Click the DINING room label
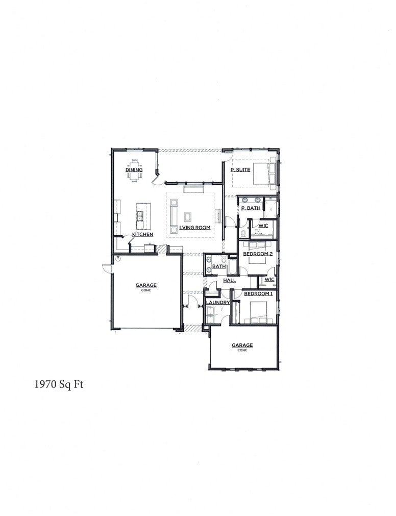point(134,169)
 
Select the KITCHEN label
point(143,234)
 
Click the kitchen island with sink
point(140,216)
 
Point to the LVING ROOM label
point(195,228)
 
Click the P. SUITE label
point(240,169)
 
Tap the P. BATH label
point(251,208)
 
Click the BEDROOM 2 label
point(258,254)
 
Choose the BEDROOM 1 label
point(258,294)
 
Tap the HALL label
point(229,281)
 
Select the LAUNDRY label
point(218,303)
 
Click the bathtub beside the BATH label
point(232,266)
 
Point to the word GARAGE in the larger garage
point(146,285)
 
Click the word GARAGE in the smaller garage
point(242,345)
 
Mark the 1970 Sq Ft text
point(59,385)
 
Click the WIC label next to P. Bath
point(263,226)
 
